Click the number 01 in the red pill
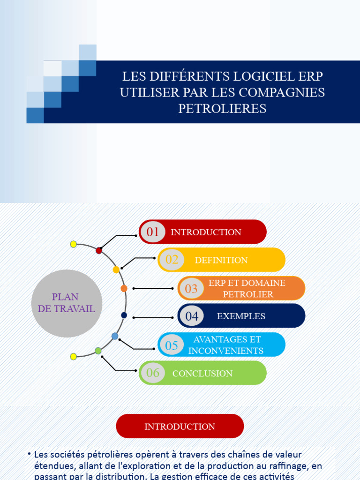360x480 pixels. tap(153, 232)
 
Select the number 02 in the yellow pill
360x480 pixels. tap(172, 260)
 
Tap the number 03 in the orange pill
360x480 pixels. tap(191, 288)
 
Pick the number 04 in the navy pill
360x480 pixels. tap(192, 316)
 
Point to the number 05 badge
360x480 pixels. tap(172, 345)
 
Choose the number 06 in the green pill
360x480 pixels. tap(153, 373)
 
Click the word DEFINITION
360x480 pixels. tap(221, 260)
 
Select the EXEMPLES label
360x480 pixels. tap(241, 316)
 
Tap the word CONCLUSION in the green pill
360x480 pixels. tap(202, 374)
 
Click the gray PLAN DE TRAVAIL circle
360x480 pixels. tap(67, 303)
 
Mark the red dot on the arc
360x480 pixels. tap(99, 251)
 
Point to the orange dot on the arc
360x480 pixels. tap(124, 288)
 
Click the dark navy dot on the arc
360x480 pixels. tap(124, 315)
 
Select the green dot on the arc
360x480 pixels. tap(98, 351)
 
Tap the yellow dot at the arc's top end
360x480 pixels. tap(73, 244)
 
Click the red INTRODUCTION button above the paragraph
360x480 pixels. tap(180, 426)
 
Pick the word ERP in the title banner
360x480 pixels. tap(311, 76)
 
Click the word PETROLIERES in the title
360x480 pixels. tap(222, 109)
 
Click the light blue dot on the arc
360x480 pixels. tap(115, 336)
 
